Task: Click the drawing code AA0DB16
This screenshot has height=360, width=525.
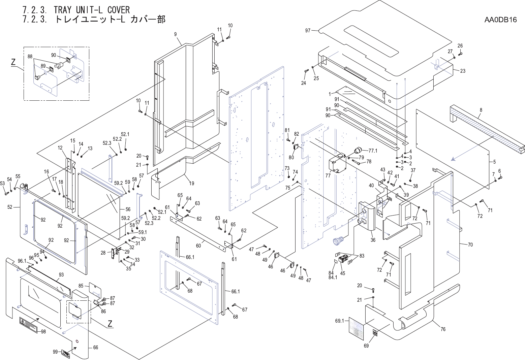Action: (500, 20)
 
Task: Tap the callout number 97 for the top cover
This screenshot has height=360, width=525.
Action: (308, 31)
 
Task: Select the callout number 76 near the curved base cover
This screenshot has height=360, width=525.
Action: (443, 329)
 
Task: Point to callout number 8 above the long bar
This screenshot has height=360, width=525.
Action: (481, 110)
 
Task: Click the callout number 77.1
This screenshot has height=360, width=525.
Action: (373, 151)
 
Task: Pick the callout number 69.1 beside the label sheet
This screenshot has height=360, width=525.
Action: (339, 321)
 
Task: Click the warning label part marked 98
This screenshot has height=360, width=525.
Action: (28, 324)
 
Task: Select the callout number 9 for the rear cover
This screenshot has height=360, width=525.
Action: (176, 34)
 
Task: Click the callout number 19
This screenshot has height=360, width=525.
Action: (191, 184)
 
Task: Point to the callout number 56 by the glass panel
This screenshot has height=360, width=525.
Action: (128, 209)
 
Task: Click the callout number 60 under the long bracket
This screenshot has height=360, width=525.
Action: (198, 246)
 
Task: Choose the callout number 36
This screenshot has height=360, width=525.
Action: (373, 240)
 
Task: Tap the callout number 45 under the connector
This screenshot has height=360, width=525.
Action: (343, 273)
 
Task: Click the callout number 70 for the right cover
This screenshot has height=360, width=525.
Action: (470, 245)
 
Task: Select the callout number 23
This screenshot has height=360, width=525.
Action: (463, 71)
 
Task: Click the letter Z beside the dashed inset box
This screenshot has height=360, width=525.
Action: (13, 62)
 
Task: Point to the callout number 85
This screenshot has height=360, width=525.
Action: (81, 286)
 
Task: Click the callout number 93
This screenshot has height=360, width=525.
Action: (61, 275)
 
